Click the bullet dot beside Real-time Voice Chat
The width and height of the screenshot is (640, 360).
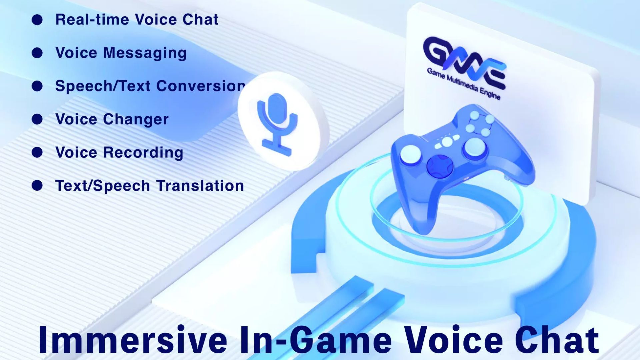coord(37,20)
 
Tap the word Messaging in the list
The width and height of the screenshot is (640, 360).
coord(145,53)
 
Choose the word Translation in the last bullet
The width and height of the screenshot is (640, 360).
coord(200,186)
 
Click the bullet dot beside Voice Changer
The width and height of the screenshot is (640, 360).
coord(37,119)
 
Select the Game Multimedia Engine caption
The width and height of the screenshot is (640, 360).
coord(464,84)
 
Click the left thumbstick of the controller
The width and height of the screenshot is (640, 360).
coord(410,154)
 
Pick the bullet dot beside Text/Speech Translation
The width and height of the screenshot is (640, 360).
coord(37,185)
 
